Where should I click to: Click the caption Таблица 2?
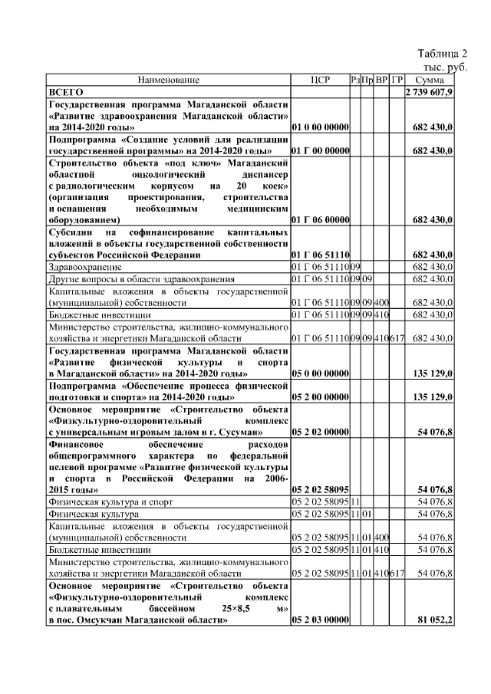[x=442, y=54]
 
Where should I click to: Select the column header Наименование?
[x=169, y=80]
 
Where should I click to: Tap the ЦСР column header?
[x=320, y=80]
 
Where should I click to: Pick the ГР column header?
[x=397, y=80]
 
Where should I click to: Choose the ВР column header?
[x=382, y=80]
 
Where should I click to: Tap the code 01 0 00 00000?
[x=321, y=127]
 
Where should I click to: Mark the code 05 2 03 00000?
[x=321, y=620]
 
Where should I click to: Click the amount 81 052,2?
[x=434, y=620]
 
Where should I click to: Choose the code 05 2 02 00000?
[x=321, y=433]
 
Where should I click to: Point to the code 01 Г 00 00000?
[x=321, y=151]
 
